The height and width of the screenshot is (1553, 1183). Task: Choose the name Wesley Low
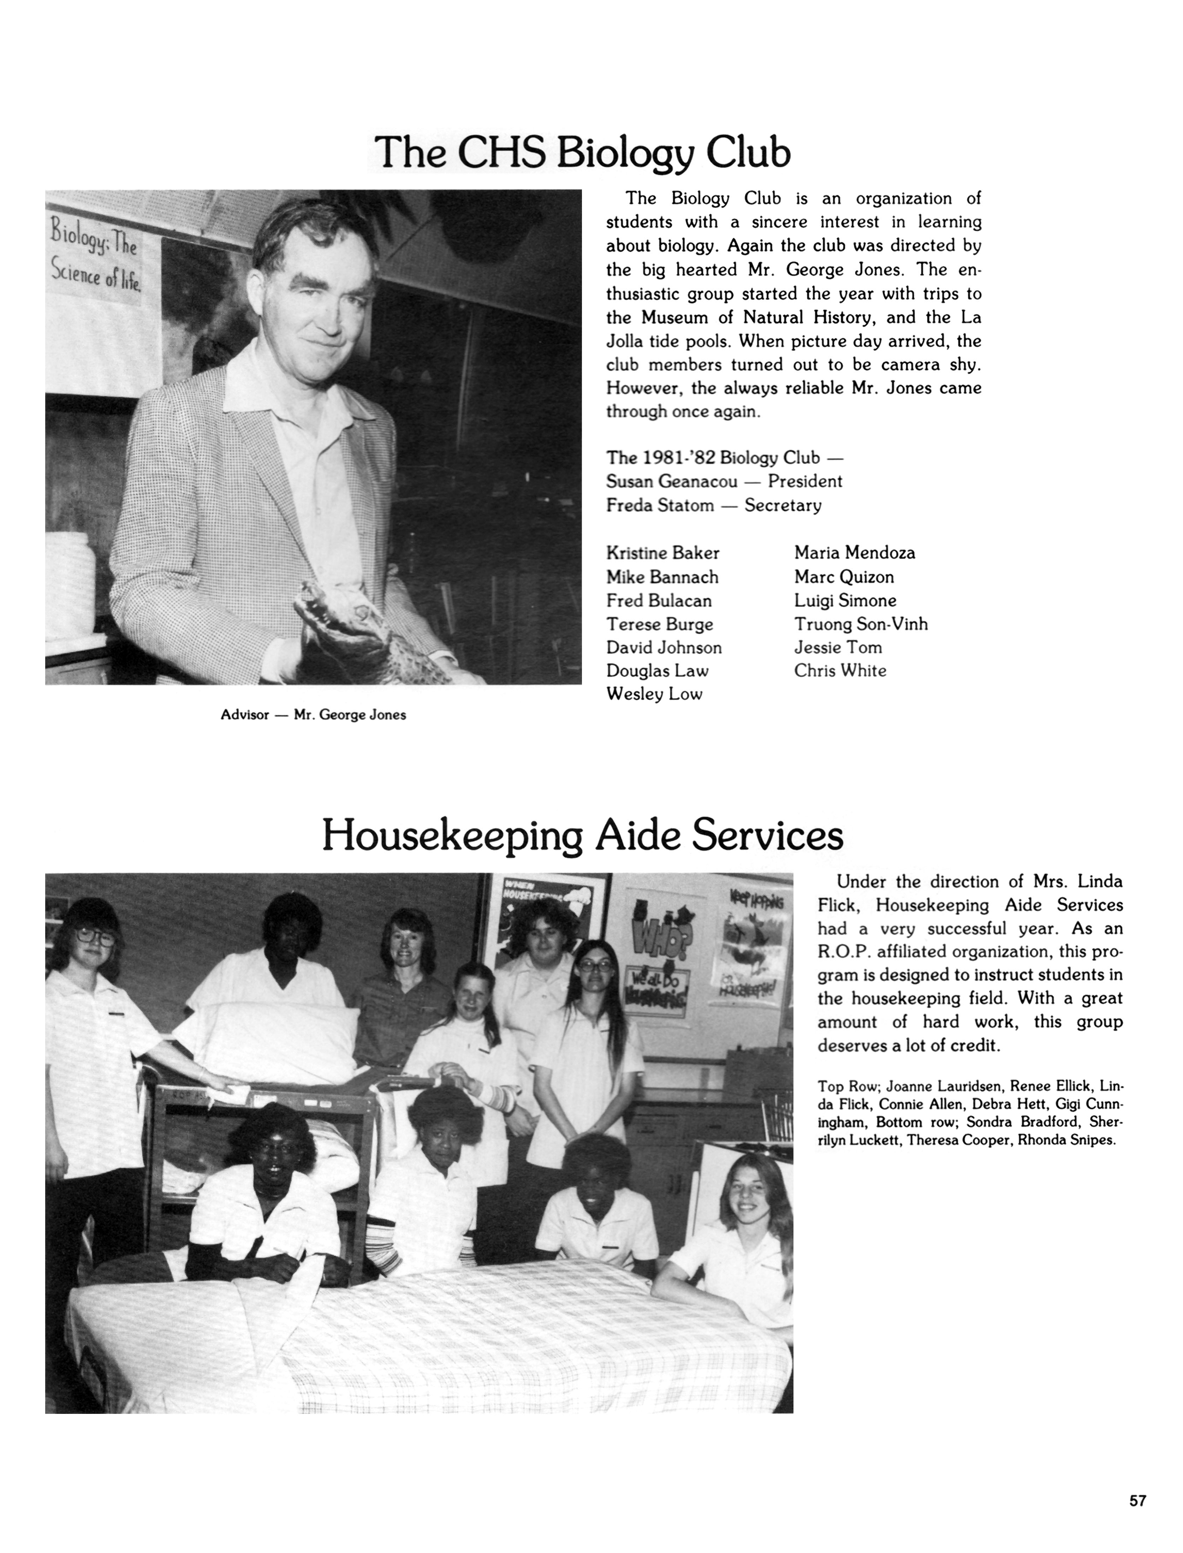[654, 694]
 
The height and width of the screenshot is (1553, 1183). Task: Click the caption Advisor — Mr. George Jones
[313, 715]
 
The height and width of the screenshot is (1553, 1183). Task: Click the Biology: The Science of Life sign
[95, 257]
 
